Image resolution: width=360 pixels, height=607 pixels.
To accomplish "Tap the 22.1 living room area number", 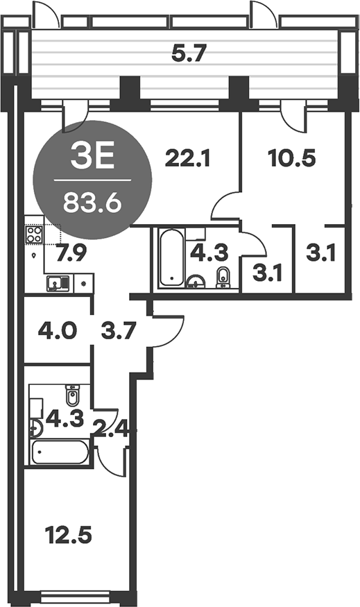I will coord(187,159).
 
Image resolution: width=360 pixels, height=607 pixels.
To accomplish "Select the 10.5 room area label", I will coord(292,159).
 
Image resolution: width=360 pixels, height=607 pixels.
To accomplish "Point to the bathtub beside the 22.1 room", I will coord(170,259).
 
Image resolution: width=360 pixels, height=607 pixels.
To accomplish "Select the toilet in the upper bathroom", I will coord(223,276).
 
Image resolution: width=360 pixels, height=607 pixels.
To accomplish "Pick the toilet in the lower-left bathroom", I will coord(72,397).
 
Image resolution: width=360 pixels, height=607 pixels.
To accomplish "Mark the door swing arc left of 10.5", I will coord(225,206).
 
